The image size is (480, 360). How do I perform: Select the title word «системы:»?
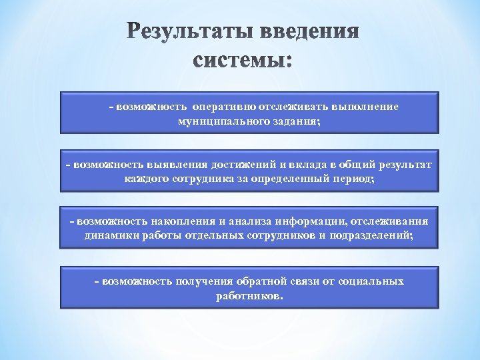pyautogui.click(x=243, y=61)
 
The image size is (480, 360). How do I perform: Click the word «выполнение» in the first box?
pyautogui.click(x=365, y=107)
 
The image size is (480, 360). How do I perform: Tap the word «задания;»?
pyautogui.click(x=293, y=122)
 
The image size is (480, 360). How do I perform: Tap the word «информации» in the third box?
pyautogui.click(x=302, y=221)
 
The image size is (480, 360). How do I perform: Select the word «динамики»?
pyautogui.click(x=111, y=236)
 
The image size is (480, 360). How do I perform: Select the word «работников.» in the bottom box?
pyautogui.click(x=249, y=297)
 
